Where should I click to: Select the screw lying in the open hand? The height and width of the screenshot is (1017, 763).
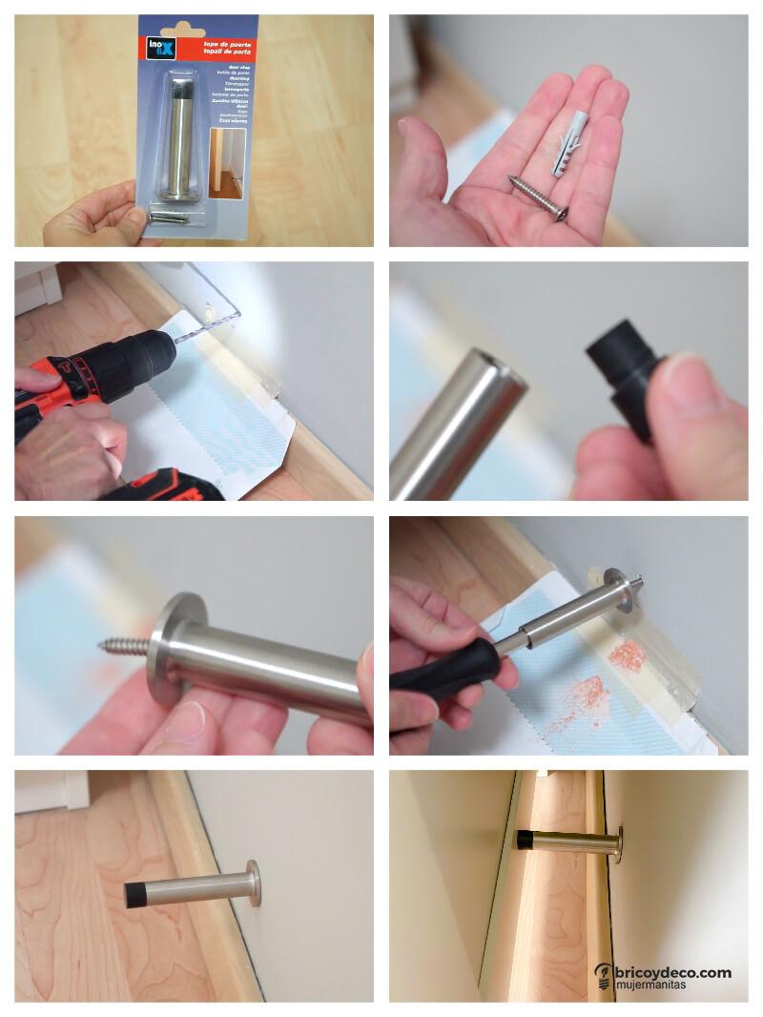[x=538, y=197]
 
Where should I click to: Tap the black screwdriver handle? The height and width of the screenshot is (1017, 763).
[x=443, y=668]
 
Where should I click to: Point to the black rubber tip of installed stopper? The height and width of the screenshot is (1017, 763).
[x=140, y=895]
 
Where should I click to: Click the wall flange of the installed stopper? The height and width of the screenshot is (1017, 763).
[x=253, y=883]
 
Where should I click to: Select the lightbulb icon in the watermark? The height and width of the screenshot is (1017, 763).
[x=603, y=975]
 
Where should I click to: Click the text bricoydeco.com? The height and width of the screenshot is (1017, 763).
[x=672, y=972]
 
